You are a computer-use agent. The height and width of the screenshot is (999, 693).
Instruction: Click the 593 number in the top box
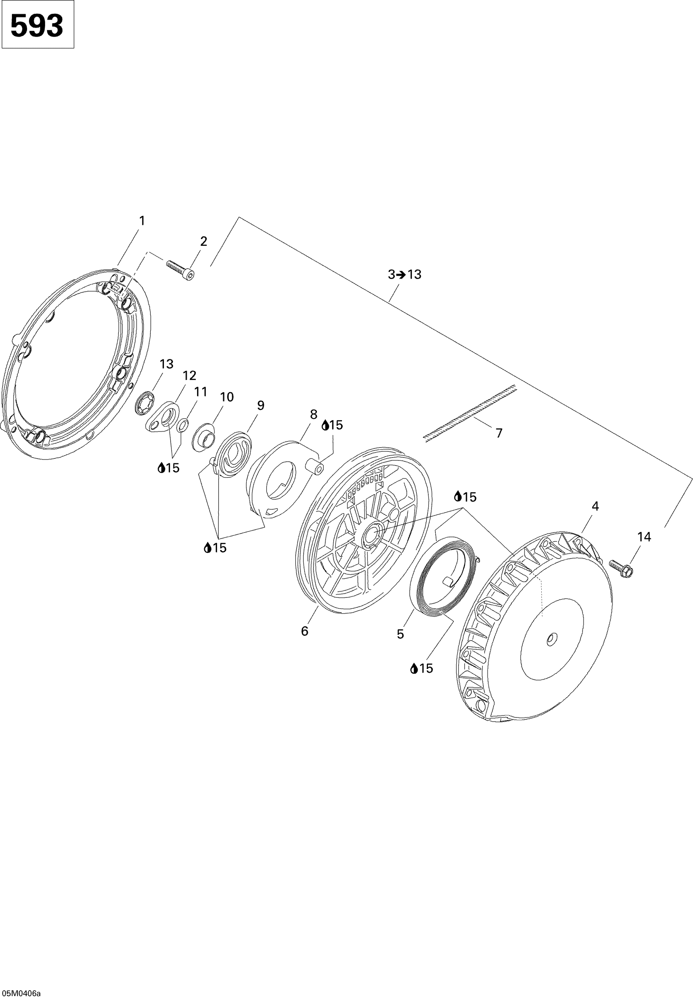tap(37, 26)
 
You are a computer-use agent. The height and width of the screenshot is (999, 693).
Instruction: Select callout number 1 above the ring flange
tap(142, 221)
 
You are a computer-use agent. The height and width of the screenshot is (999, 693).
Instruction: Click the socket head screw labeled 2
tap(180, 270)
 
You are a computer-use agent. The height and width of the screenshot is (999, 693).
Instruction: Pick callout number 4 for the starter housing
tap(595, 506)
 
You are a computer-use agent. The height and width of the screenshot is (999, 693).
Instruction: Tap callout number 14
tap(644, 537)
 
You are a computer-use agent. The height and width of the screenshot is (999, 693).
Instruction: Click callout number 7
tap(499, 433)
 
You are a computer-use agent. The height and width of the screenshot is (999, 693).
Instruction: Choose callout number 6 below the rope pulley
tap(304, 631)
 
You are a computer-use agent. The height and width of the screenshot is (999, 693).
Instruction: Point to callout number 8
tap(313, 414)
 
